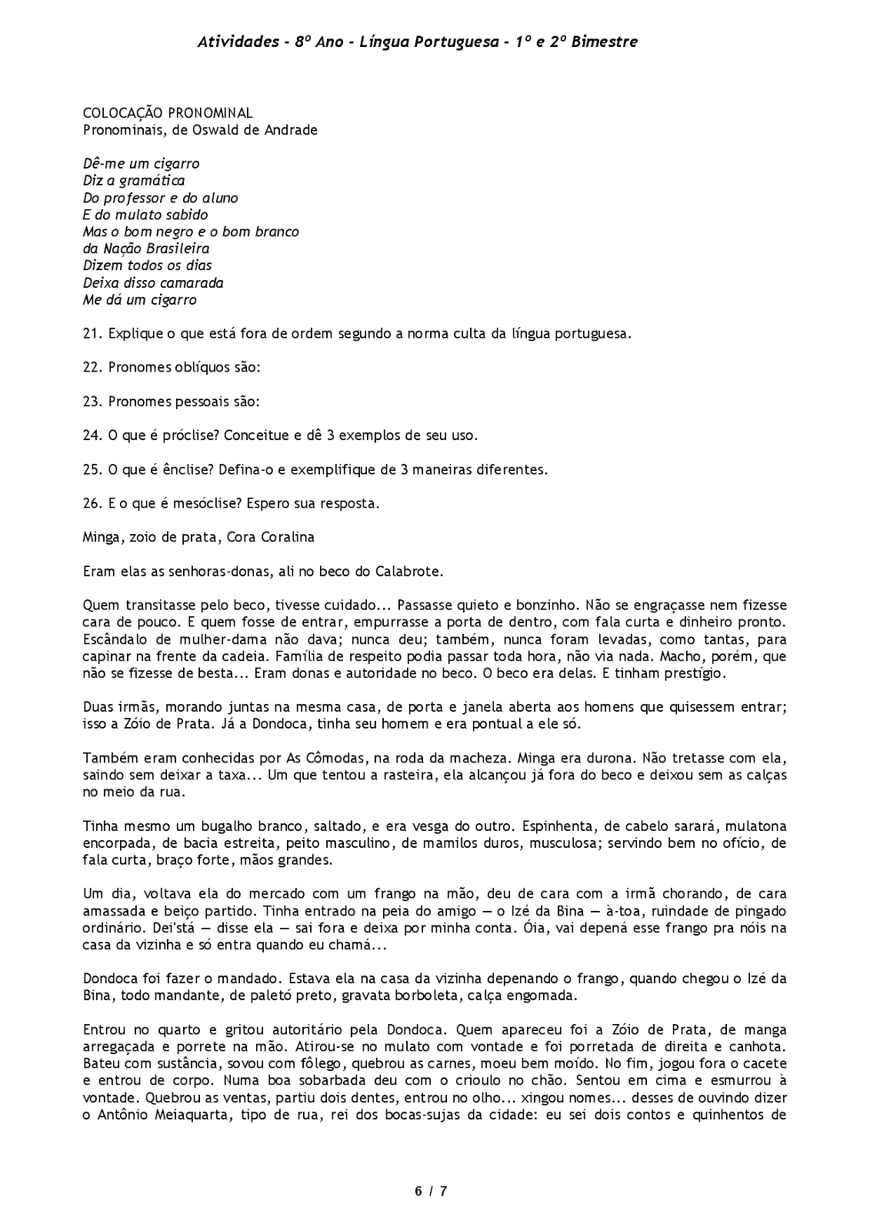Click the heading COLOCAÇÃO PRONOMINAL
click(168, 114)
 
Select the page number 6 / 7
click(431, 1191)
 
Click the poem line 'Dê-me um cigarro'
click(142, 164)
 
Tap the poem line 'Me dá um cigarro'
click(140, 300)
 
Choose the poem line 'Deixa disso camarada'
click(153, 283)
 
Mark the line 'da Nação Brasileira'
click(146, 249)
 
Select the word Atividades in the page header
click(235, 42)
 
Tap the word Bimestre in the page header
click(605, 42)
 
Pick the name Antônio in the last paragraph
click(121, 1114)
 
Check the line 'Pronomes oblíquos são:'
click(185, 368)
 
